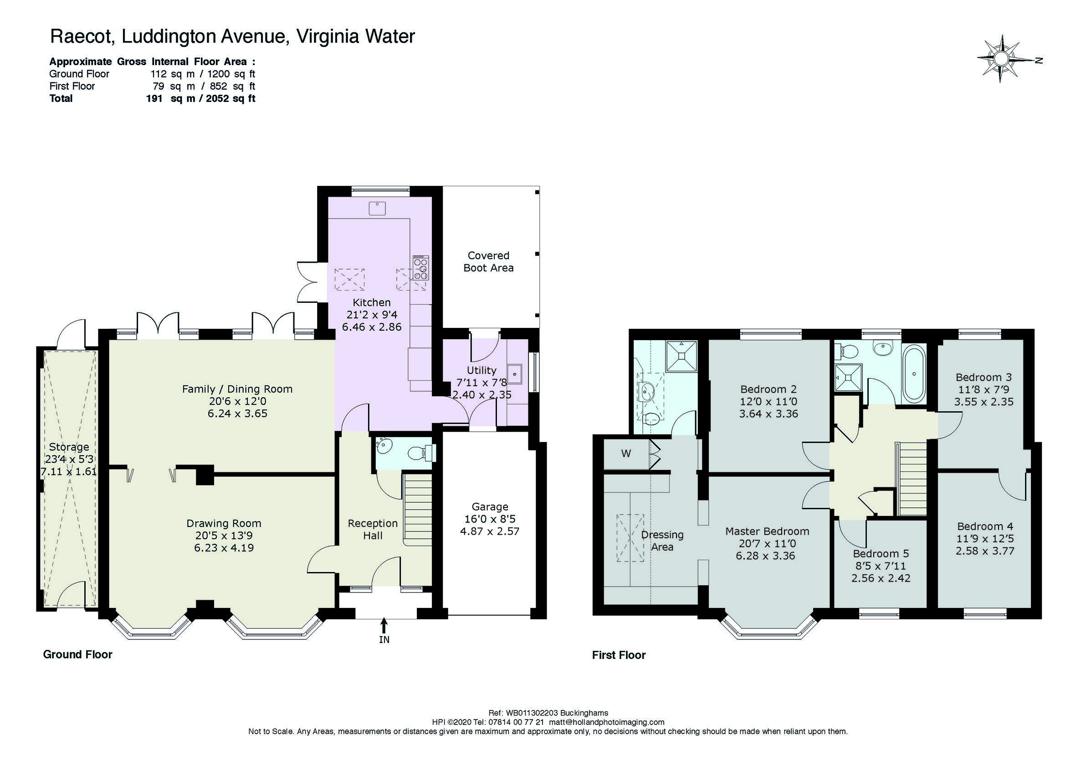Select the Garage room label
tap(490, 506)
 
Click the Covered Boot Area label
tap(488, 261)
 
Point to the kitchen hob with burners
tap(420, 268)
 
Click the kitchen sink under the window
tap(376, 208)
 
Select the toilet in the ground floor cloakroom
tap(420, 453)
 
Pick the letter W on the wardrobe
tap(626, 453)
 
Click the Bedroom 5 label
tap(881, 553)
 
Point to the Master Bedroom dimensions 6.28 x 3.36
tap(765, 555)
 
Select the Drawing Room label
tap(224, 523)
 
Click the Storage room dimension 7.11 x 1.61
tap(69, 471)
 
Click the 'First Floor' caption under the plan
tap(619, 655)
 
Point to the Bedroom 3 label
tap(984, 377)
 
